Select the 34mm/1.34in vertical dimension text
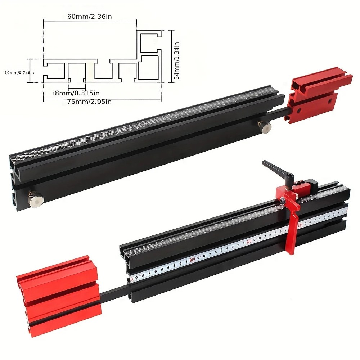click(x=177, y=57)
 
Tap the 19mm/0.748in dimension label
click(x=19, y=73)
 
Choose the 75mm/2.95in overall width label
click(x=90, y=102)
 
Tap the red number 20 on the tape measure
click(x=249, y=242)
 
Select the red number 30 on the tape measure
click(x=192, y=259)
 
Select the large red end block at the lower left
click(x=58, y=295)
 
